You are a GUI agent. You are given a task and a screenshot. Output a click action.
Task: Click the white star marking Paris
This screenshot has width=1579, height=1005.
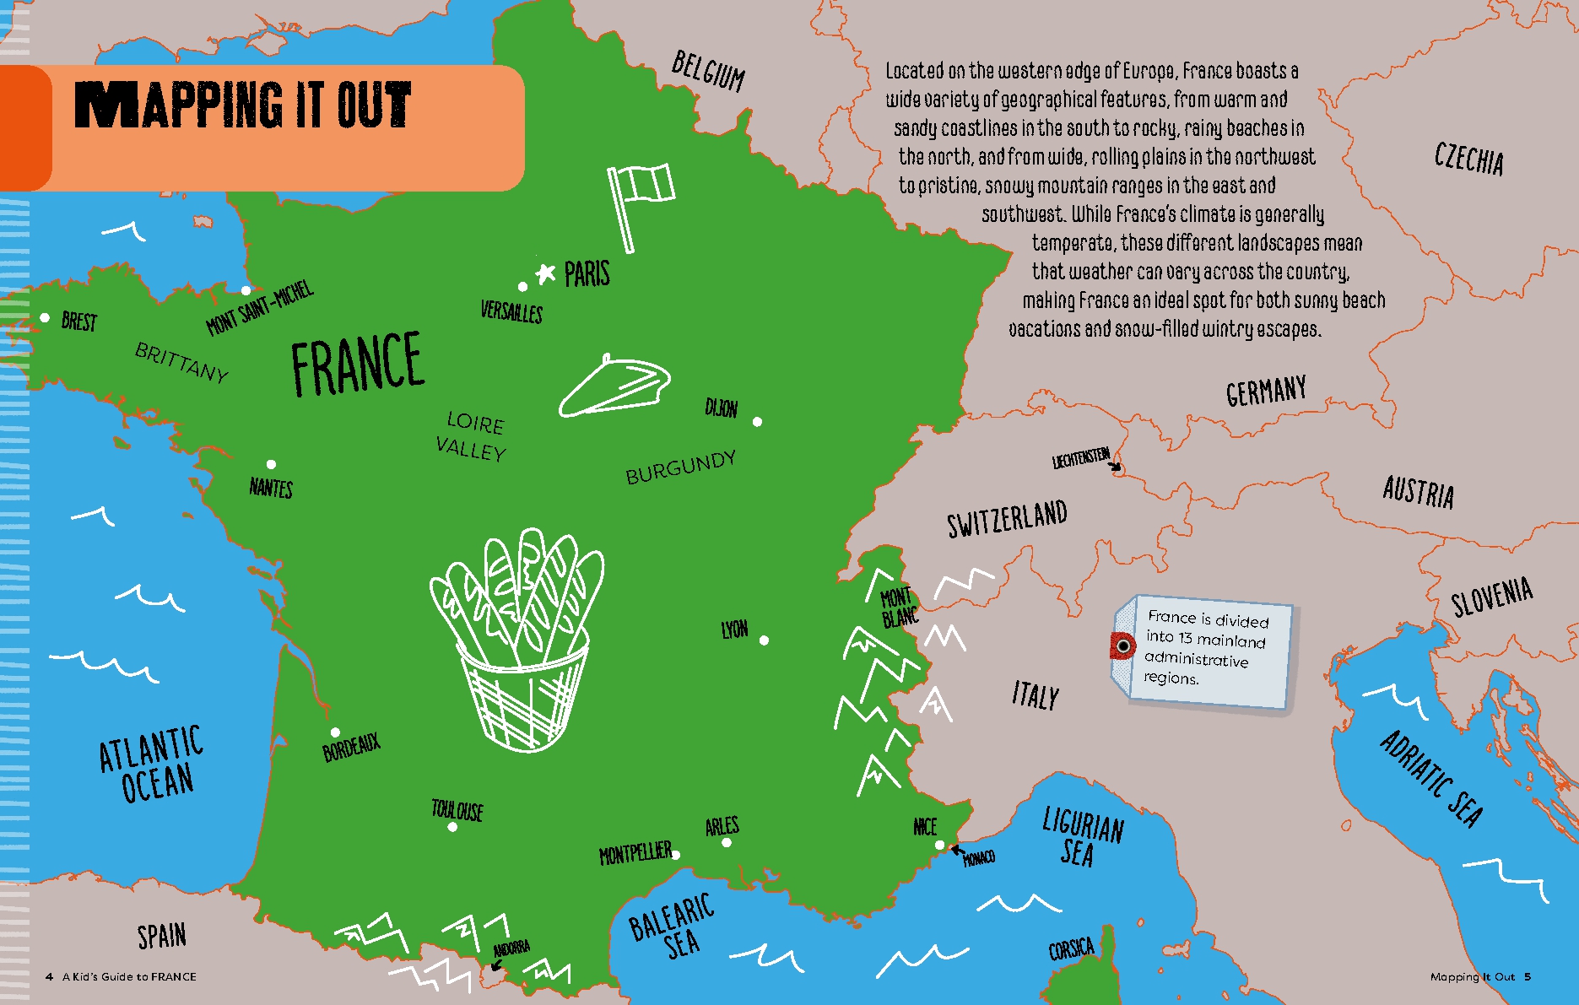tap(546, 273)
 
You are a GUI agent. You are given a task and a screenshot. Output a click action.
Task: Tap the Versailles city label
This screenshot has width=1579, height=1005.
tap(511, 311)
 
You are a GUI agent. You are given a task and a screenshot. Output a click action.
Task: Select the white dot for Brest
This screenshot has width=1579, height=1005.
tap(45, 317)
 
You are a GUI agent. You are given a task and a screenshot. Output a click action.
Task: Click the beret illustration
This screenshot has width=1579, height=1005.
tap(614, 386)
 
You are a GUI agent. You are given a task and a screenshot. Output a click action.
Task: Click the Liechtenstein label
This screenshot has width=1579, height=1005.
tap(1080, 458)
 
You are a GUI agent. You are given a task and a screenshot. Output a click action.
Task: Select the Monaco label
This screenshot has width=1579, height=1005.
tap(979, 858)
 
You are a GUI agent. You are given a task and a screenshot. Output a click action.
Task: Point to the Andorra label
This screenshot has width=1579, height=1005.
tap(511, 948)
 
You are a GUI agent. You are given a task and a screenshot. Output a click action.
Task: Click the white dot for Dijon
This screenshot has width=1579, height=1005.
tap(757, 421)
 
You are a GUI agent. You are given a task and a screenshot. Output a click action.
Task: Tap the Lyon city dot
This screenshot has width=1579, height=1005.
tap(764, 640)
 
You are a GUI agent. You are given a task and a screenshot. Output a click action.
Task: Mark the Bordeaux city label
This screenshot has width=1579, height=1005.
tap(352, 748)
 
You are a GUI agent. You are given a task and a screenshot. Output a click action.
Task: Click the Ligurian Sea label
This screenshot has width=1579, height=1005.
tap(1082, 836)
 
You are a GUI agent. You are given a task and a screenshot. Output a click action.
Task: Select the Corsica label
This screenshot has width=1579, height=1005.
tap(1071, 949)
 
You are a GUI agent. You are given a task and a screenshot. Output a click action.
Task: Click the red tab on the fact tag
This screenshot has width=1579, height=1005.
tap(1122, 646)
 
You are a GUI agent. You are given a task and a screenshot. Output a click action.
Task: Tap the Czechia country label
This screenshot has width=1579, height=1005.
tap(1468, 159)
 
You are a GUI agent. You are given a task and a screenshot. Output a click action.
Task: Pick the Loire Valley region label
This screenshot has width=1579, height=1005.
tap(473, 436)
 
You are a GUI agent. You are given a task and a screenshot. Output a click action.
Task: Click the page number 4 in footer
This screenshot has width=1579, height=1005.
tap(49, 976)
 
